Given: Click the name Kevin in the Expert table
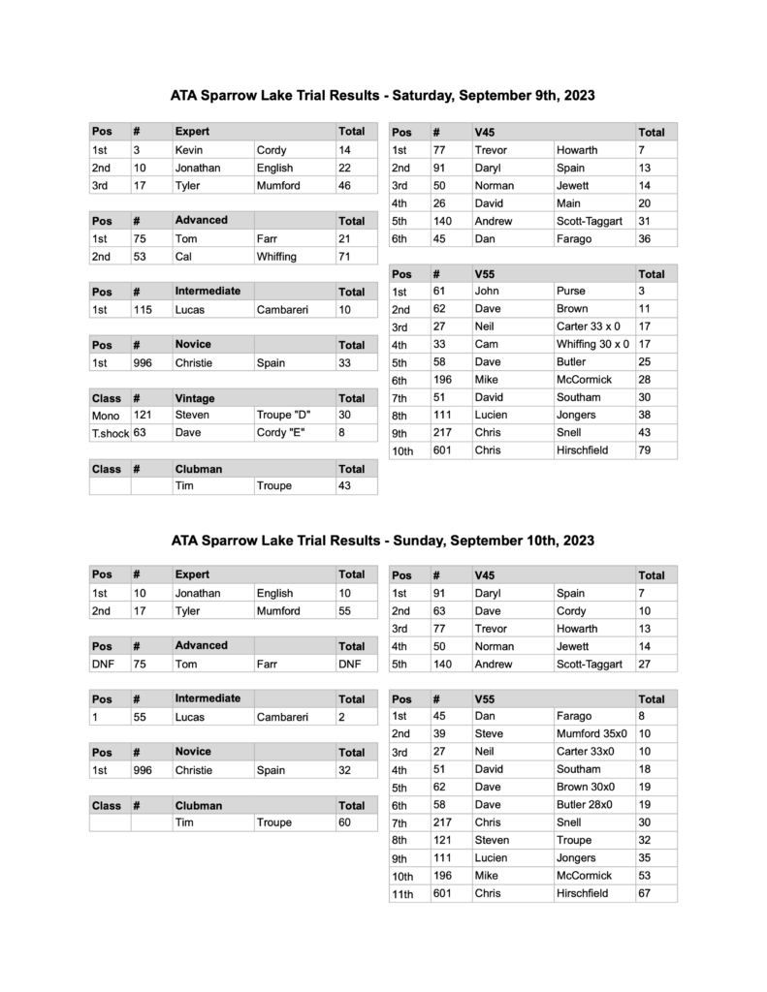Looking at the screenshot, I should click(189, 150).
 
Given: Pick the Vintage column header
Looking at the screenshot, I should click(195, 398).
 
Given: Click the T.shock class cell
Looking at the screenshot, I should click(110, 434).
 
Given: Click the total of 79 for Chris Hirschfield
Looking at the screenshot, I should click(645, 450).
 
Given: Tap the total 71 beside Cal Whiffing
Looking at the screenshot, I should click(344, 257).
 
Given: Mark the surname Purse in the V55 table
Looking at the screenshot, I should click(571, 291).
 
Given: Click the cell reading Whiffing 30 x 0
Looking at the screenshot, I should click(592, 344).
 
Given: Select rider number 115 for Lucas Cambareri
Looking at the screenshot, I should click(144, 309).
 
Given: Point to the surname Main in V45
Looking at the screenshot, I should click(569, 203).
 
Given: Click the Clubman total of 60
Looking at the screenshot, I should click(344, 822).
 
